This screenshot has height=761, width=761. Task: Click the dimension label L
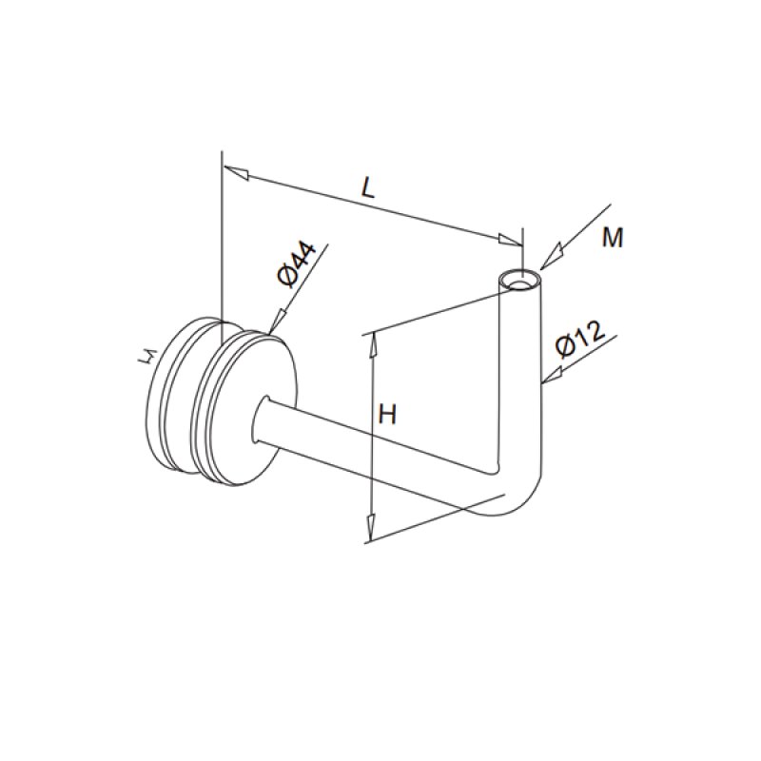[x=369, y=186]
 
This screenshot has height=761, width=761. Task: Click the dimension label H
[x=387, y=414]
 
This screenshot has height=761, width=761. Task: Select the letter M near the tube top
[x=613, y=238]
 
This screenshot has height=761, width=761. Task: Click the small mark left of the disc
[x=146, y=358]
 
